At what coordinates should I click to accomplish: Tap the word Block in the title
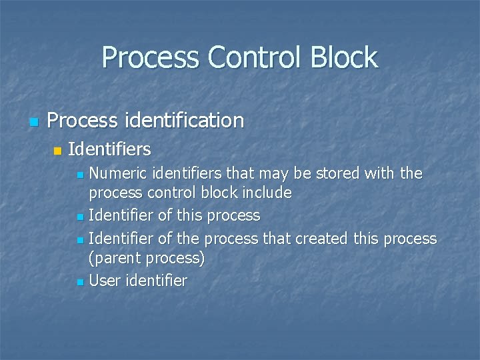[345, 57]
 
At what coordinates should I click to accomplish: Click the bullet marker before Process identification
[33, 122]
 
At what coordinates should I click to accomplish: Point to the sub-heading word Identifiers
[109, 148]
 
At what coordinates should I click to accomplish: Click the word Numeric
[117, 173]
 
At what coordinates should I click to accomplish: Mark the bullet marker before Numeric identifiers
[80, 175]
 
